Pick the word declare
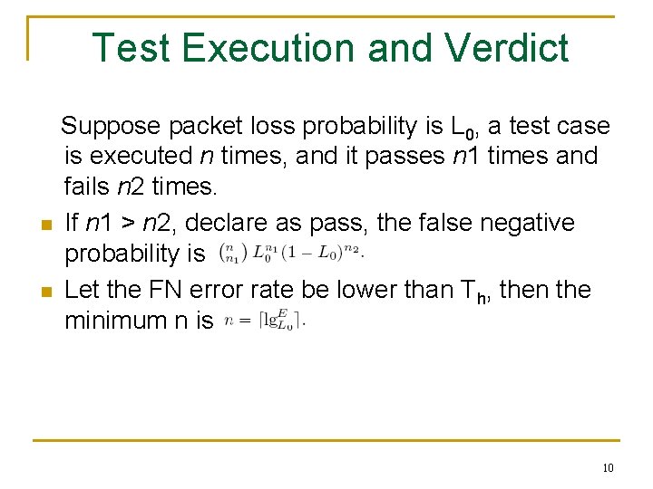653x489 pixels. pyautogui.click(x=235, y=222)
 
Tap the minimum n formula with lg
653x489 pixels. pyautogui.click(x=267, y=321)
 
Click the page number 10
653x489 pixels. pyautogui.click(x=607, y=467)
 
